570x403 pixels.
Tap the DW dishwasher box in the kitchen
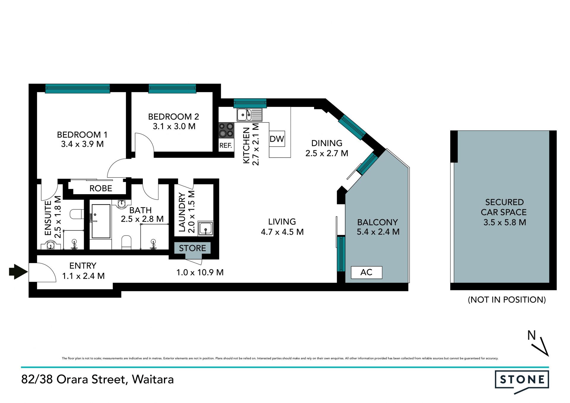click(277, 139)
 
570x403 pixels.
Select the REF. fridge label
click(226, 146)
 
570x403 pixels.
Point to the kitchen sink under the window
click(249, 115)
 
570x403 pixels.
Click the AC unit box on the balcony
click(366, 272)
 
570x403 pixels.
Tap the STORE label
click(192, 248)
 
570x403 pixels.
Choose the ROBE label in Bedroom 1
click(101, 188)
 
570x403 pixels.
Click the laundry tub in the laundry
click(205, 228)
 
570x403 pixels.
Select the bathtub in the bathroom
click(101, 221)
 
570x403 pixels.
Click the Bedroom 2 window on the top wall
click(172, 88)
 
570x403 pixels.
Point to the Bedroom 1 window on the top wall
click(77, 88)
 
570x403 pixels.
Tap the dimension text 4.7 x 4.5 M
click(282, 232)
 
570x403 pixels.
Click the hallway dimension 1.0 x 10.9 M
click(200, 272)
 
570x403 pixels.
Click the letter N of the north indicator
click(531, 335)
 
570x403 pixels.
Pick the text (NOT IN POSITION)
click(507, 300)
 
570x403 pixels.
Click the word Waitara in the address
click(153, 379)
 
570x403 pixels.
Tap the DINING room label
click(327, 143)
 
